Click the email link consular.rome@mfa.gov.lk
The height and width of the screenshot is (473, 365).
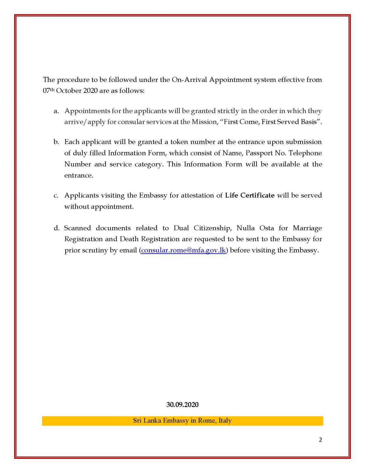tap(183, 250)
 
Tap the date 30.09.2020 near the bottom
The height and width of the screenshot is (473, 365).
tap(182, 404)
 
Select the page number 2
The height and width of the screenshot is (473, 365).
tap(320, 439)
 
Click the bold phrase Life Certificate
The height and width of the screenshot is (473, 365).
tap(250, 195)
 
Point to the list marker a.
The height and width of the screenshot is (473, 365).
tap(56, 111)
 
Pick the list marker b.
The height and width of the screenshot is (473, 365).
tap(56, 142)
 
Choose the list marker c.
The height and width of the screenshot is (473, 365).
tap(56, 196)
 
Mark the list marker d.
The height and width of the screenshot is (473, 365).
tap(57, 228)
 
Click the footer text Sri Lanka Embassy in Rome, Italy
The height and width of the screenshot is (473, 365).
tap(182, 421)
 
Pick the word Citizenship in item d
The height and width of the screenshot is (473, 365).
tap(212, 228)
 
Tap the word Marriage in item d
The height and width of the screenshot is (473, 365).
tap(307, 228)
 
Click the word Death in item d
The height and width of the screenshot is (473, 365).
tap(129, 239)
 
